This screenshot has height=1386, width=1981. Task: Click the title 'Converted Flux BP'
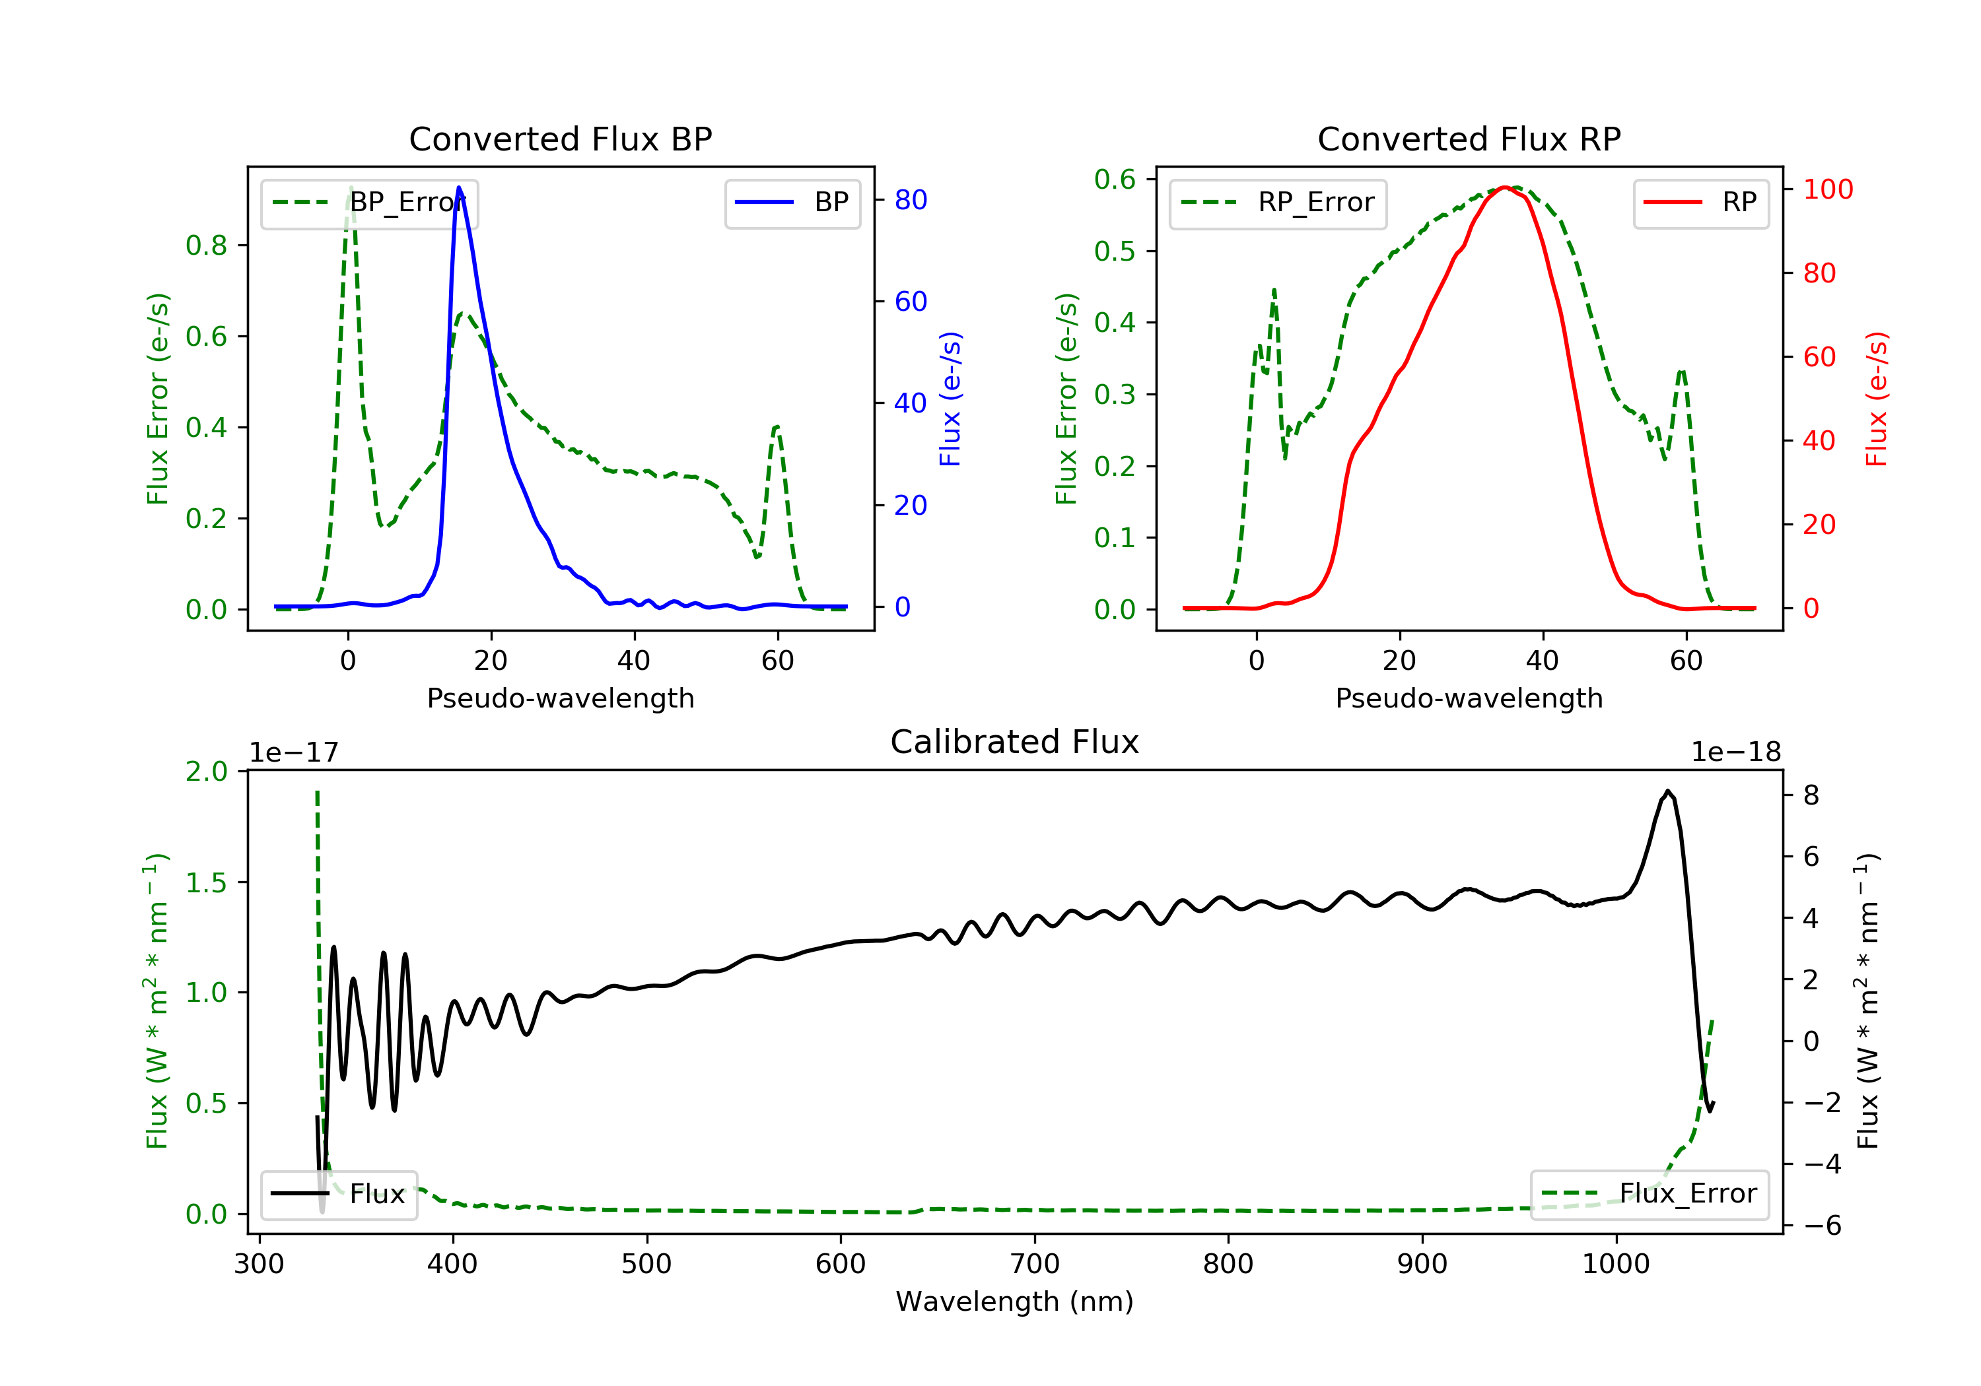coord(561,139)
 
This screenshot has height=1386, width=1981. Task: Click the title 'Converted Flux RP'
coord(1469,139)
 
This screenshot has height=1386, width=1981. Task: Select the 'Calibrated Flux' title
coord(1015,742)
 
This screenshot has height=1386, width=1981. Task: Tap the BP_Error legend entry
coord(369,203)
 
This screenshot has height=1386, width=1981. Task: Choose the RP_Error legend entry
coord(1278,203)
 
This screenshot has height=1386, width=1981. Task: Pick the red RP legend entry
coord(1700,203)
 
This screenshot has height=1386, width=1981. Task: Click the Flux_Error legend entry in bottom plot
coord(1649,1194)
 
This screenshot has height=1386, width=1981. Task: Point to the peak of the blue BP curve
coord(459,187)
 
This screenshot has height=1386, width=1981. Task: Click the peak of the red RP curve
coord(1504,187)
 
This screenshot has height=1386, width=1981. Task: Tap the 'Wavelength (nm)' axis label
coord(1015,1302)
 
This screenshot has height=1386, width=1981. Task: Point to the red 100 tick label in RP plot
coord(1827,189)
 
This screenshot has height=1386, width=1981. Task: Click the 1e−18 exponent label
coord(1736,752)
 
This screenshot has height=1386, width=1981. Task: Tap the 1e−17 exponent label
coord(295,752)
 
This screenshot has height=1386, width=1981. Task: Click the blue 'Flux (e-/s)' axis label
coord(950,399)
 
